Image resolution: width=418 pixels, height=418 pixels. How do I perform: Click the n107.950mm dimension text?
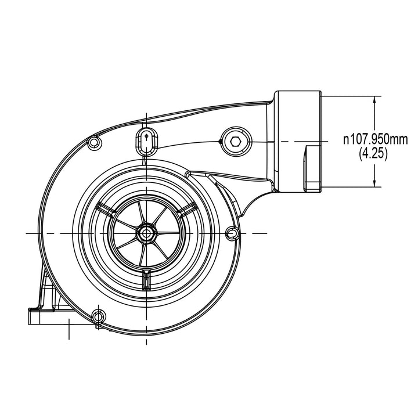(376, 139)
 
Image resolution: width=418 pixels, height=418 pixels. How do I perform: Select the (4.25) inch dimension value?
(373, 153)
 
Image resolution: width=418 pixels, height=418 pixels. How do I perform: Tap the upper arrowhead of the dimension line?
(374, 100)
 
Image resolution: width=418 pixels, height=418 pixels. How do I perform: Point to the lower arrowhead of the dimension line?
(374, 183)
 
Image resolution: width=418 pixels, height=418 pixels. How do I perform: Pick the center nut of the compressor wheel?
(146, 233)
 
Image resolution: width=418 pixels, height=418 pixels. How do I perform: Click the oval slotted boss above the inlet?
(147, 141)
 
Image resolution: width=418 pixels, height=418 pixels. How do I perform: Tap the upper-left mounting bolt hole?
(93, 143)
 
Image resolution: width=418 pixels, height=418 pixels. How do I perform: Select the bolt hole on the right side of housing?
(232, 233)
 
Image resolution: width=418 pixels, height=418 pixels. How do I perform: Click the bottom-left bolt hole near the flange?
(99, 316)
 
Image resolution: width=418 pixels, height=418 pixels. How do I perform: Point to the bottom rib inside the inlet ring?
(146, 280)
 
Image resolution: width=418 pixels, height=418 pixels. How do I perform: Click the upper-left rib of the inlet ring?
(106, 208)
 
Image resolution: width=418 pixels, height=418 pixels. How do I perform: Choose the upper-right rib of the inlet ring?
(186, 208)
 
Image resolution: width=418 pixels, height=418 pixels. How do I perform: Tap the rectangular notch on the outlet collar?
(313, 168)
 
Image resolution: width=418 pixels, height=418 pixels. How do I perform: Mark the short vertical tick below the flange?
(69, 329)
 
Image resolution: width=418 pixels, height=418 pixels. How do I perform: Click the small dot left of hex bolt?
(220, 141)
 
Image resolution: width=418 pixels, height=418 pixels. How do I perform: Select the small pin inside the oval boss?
(147, 136)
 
